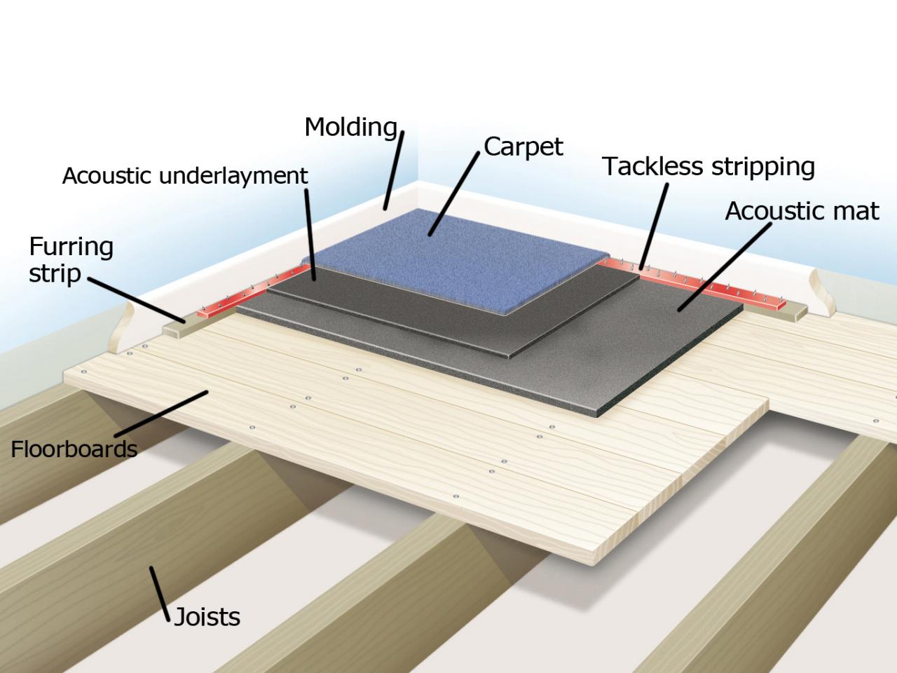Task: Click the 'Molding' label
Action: click(x=351, y=128)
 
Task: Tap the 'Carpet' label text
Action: click(x=523, y=147)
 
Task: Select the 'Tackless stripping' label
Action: click(x=708, y=167)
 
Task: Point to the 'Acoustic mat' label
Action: click(x=802, y=211)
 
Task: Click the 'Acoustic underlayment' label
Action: click(x=185, y=175)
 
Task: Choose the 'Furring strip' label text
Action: click(x=70, y=259)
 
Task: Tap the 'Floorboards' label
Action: click(x=74, y=449)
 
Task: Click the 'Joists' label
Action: click(x=207, y=617)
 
